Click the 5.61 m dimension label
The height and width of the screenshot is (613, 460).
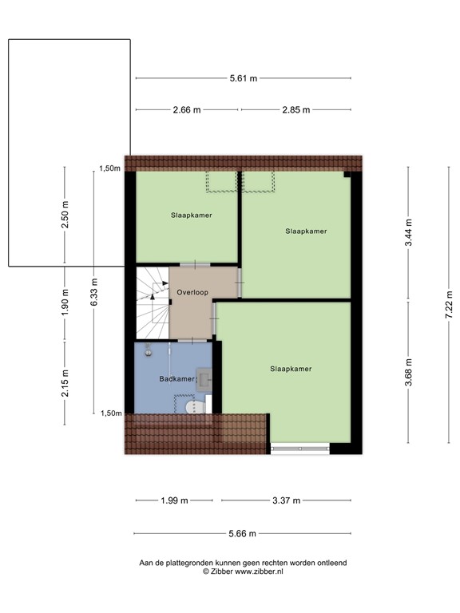tap(244, 78)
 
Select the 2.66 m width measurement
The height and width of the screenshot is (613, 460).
tap(186, 110)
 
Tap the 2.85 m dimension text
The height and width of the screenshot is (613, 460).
tap(295, 110)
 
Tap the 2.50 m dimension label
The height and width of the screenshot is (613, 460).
tap(65, 216)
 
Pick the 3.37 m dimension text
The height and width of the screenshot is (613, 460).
tap(285, 500)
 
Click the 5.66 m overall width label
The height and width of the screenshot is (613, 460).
tap(243, 534)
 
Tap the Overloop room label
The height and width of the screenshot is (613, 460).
tap(192, 292)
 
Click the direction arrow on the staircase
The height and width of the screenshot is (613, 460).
tap(155, 294)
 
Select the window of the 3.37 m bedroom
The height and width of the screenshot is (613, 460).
tap(299, 449)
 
